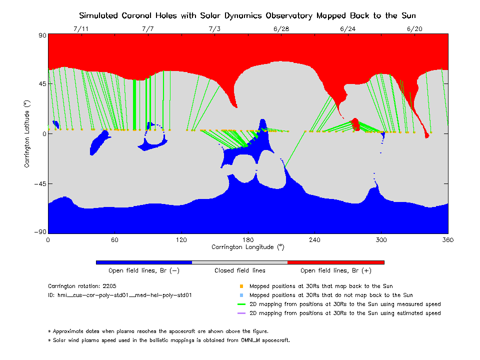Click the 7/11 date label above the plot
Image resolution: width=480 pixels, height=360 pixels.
(x=80, y=29)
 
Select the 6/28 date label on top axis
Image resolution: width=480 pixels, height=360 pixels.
(x=281, y=29)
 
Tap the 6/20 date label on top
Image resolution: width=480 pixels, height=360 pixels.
(x=414, y=29)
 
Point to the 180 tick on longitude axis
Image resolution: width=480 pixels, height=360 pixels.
(x=248, y=239)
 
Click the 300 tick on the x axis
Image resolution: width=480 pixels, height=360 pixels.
(x=381, y=239)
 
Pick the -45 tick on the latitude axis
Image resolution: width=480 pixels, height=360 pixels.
(x=39, y=183)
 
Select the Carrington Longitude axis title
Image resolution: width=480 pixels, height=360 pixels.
(x=248, y=247)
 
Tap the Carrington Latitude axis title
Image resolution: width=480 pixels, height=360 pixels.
(x=27, y=134)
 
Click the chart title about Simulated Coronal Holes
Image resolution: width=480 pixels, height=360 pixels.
(x=247, y=15)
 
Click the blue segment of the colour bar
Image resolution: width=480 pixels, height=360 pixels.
(x=143, y=262)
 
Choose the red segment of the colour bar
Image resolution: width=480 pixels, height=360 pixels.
(x=336, y=262)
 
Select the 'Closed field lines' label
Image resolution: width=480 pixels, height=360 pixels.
(x=240, y=270)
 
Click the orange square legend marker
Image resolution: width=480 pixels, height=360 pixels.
(x=241, y=286)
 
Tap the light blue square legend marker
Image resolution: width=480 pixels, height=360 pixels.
(x=241, y=295)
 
